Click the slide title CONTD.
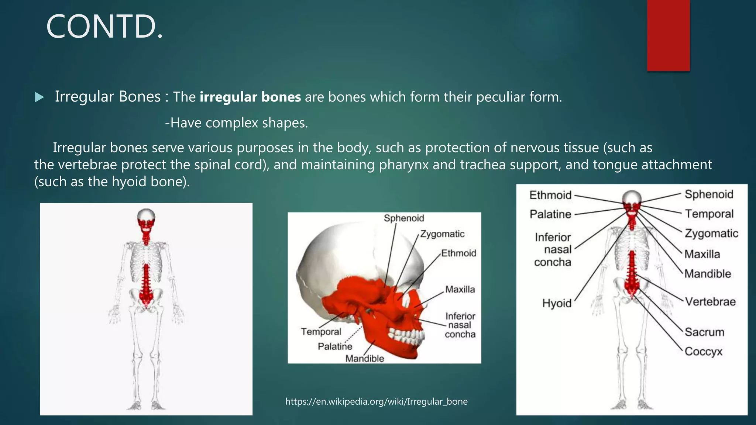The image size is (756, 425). click(104, 27)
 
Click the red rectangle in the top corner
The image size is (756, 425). click(668, 35)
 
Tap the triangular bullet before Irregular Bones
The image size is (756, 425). click(39, 97)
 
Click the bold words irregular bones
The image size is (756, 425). click(250, 97)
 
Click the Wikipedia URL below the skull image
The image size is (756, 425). click(376, 401)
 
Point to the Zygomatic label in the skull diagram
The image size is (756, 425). click(442, 234)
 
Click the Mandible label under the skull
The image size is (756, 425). click(364, 358)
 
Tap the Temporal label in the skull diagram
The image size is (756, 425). click(321, 332)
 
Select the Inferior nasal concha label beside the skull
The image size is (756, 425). click(460, 325)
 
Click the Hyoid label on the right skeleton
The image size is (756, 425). click(556, 303)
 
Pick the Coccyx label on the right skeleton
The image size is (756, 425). click(703, 351)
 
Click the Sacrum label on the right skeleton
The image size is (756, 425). click(704, 332)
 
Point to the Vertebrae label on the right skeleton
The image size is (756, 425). click(710, 302)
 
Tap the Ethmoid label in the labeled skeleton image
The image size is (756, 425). click(550, 195)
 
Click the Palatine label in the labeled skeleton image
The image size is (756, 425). click(550, 214)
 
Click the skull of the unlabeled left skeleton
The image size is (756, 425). click(146, 218)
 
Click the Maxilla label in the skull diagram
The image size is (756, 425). click(460, 289)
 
